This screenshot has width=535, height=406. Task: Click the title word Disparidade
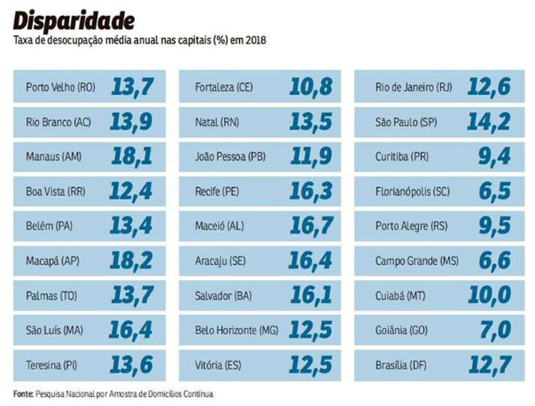(x=73, y=19)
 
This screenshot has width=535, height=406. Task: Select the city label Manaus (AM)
(x=53, y=157)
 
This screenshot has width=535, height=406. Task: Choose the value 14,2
(x=489, y=122)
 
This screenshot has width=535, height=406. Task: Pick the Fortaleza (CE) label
(x=224, y=87)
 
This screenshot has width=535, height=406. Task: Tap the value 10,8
(x=311, y=87)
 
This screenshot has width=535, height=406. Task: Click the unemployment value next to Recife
(x=311, y=191)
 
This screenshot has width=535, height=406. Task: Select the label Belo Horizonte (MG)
(x=237, y=330)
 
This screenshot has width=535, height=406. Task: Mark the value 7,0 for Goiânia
(x=495, y=330)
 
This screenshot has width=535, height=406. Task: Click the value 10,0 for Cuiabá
(x=490, y=296)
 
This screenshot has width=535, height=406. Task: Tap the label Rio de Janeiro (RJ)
(x=413, y=87)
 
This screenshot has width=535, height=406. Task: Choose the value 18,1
(x=131, y=157)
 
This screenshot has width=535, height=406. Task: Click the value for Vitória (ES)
(x=311, y=365)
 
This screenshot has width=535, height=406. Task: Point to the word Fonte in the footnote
(x=23, y=394)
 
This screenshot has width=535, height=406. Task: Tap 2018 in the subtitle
(x=255, y=39)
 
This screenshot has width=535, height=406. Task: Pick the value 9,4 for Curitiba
(x=494, y=157)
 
